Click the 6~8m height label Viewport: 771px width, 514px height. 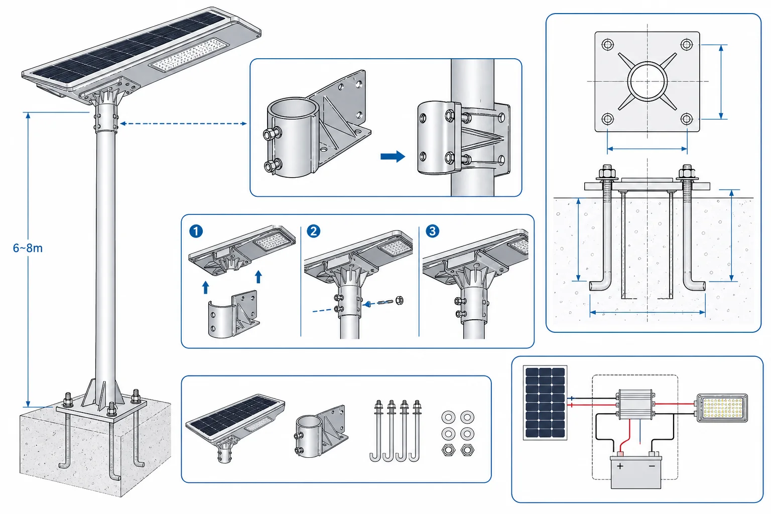click(x=28, y=248)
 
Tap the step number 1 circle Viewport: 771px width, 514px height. click(x=196, y=231)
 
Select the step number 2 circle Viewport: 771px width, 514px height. click(x=313, y=231)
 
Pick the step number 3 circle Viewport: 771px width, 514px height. click(x=432, y=231)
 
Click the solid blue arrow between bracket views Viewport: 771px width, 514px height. click(x=393, y=156)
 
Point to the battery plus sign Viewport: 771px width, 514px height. click(x=620, y=466)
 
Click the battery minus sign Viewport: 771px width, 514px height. click(x=652, y=466)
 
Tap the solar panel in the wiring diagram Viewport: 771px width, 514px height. click(x=545, y=403)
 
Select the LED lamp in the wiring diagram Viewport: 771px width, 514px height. click(x=722, y=408)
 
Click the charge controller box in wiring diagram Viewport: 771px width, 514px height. click(x=635, y=404)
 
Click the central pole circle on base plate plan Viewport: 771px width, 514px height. click(x=647, y=82)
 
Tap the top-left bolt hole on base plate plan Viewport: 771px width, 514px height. click(x=607, y=44)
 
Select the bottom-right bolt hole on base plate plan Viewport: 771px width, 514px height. click(x=687, y=119)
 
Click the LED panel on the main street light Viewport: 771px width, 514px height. click(x=189, y=54)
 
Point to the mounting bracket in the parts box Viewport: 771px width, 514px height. click(x=321, y=431)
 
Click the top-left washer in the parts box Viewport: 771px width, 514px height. click(x=448, y=418)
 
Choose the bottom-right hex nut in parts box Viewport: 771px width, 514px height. click(x=467, y=450)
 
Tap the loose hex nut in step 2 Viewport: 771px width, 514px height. click(x=399, y=300)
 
